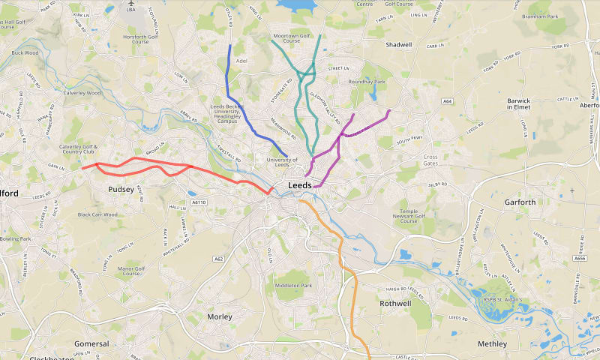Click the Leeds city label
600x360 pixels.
(x=300, y=185)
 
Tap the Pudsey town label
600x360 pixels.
(x=121, y=190)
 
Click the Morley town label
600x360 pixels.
(x=220, y=316)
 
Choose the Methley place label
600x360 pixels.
(x=492, y=343)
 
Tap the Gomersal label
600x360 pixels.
(x=91, y=343)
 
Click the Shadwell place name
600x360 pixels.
(x=399, y=45)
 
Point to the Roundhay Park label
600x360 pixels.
(x=367, y=82)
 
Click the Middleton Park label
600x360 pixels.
(x=293, y=286)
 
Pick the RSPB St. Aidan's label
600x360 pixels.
(x=502, y=300)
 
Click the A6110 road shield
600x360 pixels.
(x=198, y=202)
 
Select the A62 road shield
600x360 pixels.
(x=218, y=259)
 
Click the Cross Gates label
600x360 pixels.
(x=430, y=160)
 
